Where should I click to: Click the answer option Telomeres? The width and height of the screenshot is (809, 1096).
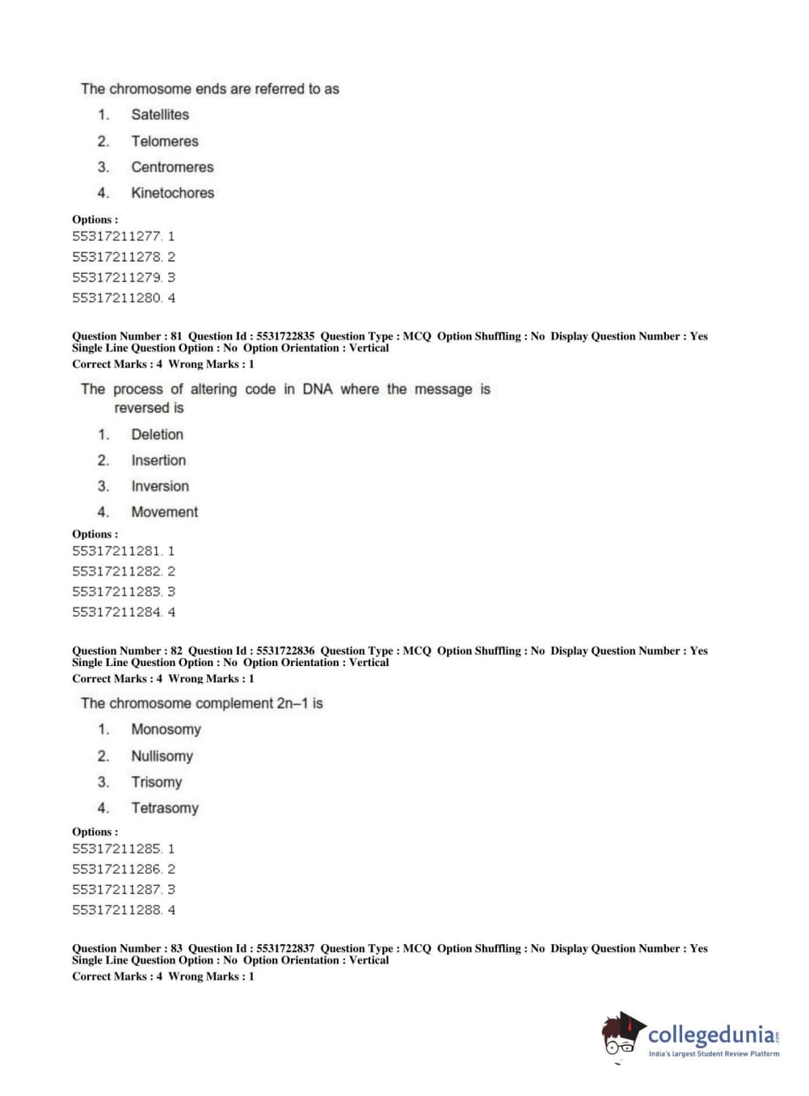click(x=164, y=141)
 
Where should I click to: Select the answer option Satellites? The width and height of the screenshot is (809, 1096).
click(x=160, y=115)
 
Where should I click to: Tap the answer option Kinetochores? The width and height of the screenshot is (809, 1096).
click(x=172, y=193)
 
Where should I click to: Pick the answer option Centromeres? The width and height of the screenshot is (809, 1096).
click(x=172, y=167)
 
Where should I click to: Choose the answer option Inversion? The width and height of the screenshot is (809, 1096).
click(x=160, y=487)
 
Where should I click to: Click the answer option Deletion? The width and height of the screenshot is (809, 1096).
click(x=157, y=435)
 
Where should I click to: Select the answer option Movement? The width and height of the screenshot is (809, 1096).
click(x=164, y=512)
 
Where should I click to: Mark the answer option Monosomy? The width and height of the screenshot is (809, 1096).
click(x=166, y=730)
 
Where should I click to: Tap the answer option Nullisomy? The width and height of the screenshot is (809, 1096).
click(x=162, y=757)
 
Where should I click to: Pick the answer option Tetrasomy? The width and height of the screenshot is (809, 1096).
click(x=165, y=808)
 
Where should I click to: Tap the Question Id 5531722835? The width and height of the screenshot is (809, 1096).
click(x=285, y=336)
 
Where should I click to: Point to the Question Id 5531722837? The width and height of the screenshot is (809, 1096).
click(x=285, y=949)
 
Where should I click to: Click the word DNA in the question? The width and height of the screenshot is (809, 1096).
click(x=318, y=390)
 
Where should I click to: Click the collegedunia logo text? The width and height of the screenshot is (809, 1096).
click(x=711, y=1035)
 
